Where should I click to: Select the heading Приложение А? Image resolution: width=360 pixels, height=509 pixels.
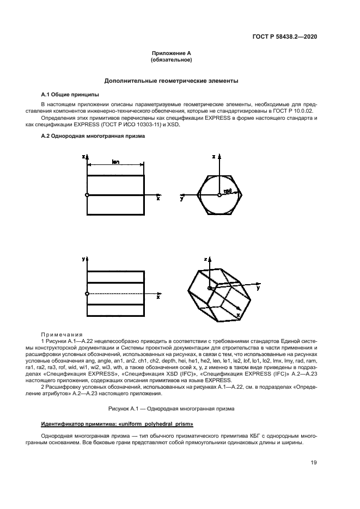point(171,53)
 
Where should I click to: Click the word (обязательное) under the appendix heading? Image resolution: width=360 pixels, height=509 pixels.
point(171,59)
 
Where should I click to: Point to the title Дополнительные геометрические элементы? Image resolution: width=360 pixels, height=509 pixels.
point(171,81)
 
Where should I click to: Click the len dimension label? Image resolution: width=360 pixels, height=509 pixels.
point(115,162)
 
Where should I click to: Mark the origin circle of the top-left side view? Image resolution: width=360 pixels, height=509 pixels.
point(87,195)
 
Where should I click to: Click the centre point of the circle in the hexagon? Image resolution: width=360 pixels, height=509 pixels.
point(219,195)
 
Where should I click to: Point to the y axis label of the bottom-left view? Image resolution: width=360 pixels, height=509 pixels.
point(83,259)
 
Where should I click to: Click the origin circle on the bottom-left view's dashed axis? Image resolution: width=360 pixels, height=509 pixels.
point(87,294)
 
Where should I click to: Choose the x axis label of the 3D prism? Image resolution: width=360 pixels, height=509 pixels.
point(238,315)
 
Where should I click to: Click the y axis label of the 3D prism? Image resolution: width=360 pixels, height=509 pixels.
point(258,288)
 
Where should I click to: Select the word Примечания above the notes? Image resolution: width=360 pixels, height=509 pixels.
point(62,334)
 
